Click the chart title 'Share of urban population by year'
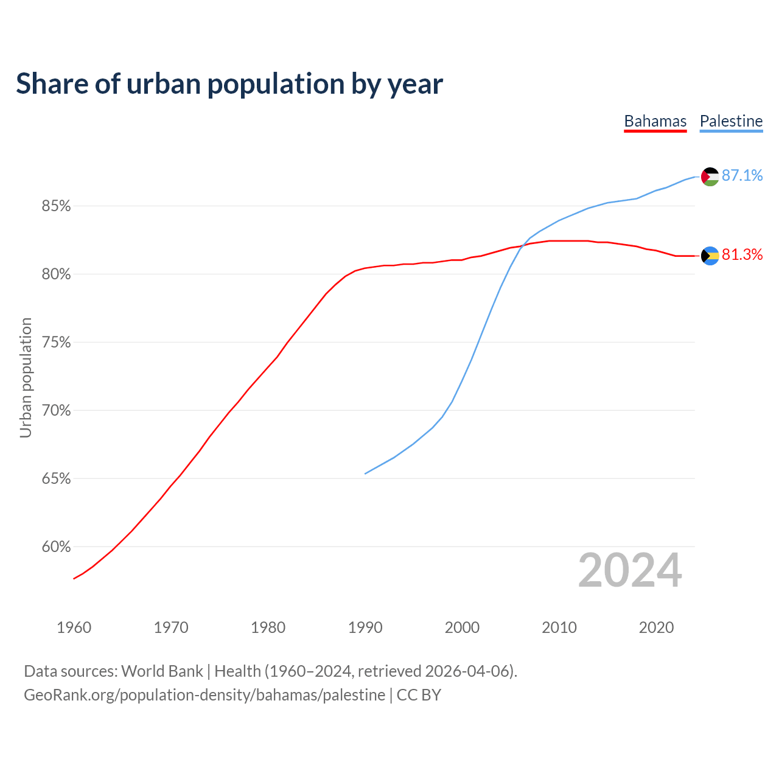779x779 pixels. (229, 84)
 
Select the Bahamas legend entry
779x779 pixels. (655, 121)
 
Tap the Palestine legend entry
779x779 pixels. (731, 121)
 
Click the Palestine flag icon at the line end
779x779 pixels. (710, 176)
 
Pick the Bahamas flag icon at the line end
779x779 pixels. (710, 256)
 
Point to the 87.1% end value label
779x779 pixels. (742, 175)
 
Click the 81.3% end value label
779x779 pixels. (742, 254)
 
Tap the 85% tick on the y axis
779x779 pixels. (57, 206)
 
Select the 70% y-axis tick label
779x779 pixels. (57, 411)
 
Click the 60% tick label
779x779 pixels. (57, 547)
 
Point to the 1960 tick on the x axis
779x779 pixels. (74, 627)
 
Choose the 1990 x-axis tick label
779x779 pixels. (365, 627)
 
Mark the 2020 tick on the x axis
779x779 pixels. (656, 627)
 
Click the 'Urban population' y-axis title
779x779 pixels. (26, 377)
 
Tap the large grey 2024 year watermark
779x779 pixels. (630, 570)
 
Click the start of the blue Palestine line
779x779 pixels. (365, 473)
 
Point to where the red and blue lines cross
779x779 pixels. (523, 245)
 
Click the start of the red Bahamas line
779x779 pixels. (74, 578)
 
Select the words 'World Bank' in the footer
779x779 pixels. (162, 671)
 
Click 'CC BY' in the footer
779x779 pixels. (419, 694)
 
